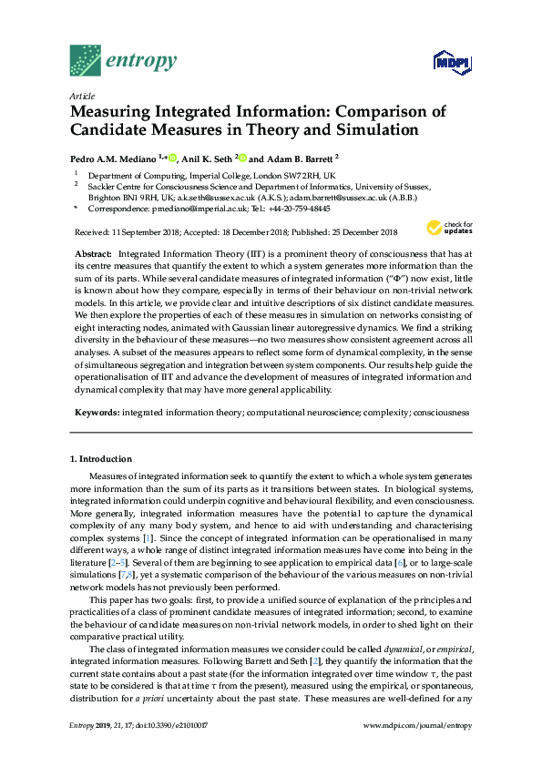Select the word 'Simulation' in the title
tap(373, 129)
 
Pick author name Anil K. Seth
tap(207, 158)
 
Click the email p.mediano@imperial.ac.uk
tap(179, 208)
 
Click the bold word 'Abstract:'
tap(93, 251)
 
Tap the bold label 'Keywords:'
tap(96, 413)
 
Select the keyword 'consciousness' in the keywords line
tap(442, 413)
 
